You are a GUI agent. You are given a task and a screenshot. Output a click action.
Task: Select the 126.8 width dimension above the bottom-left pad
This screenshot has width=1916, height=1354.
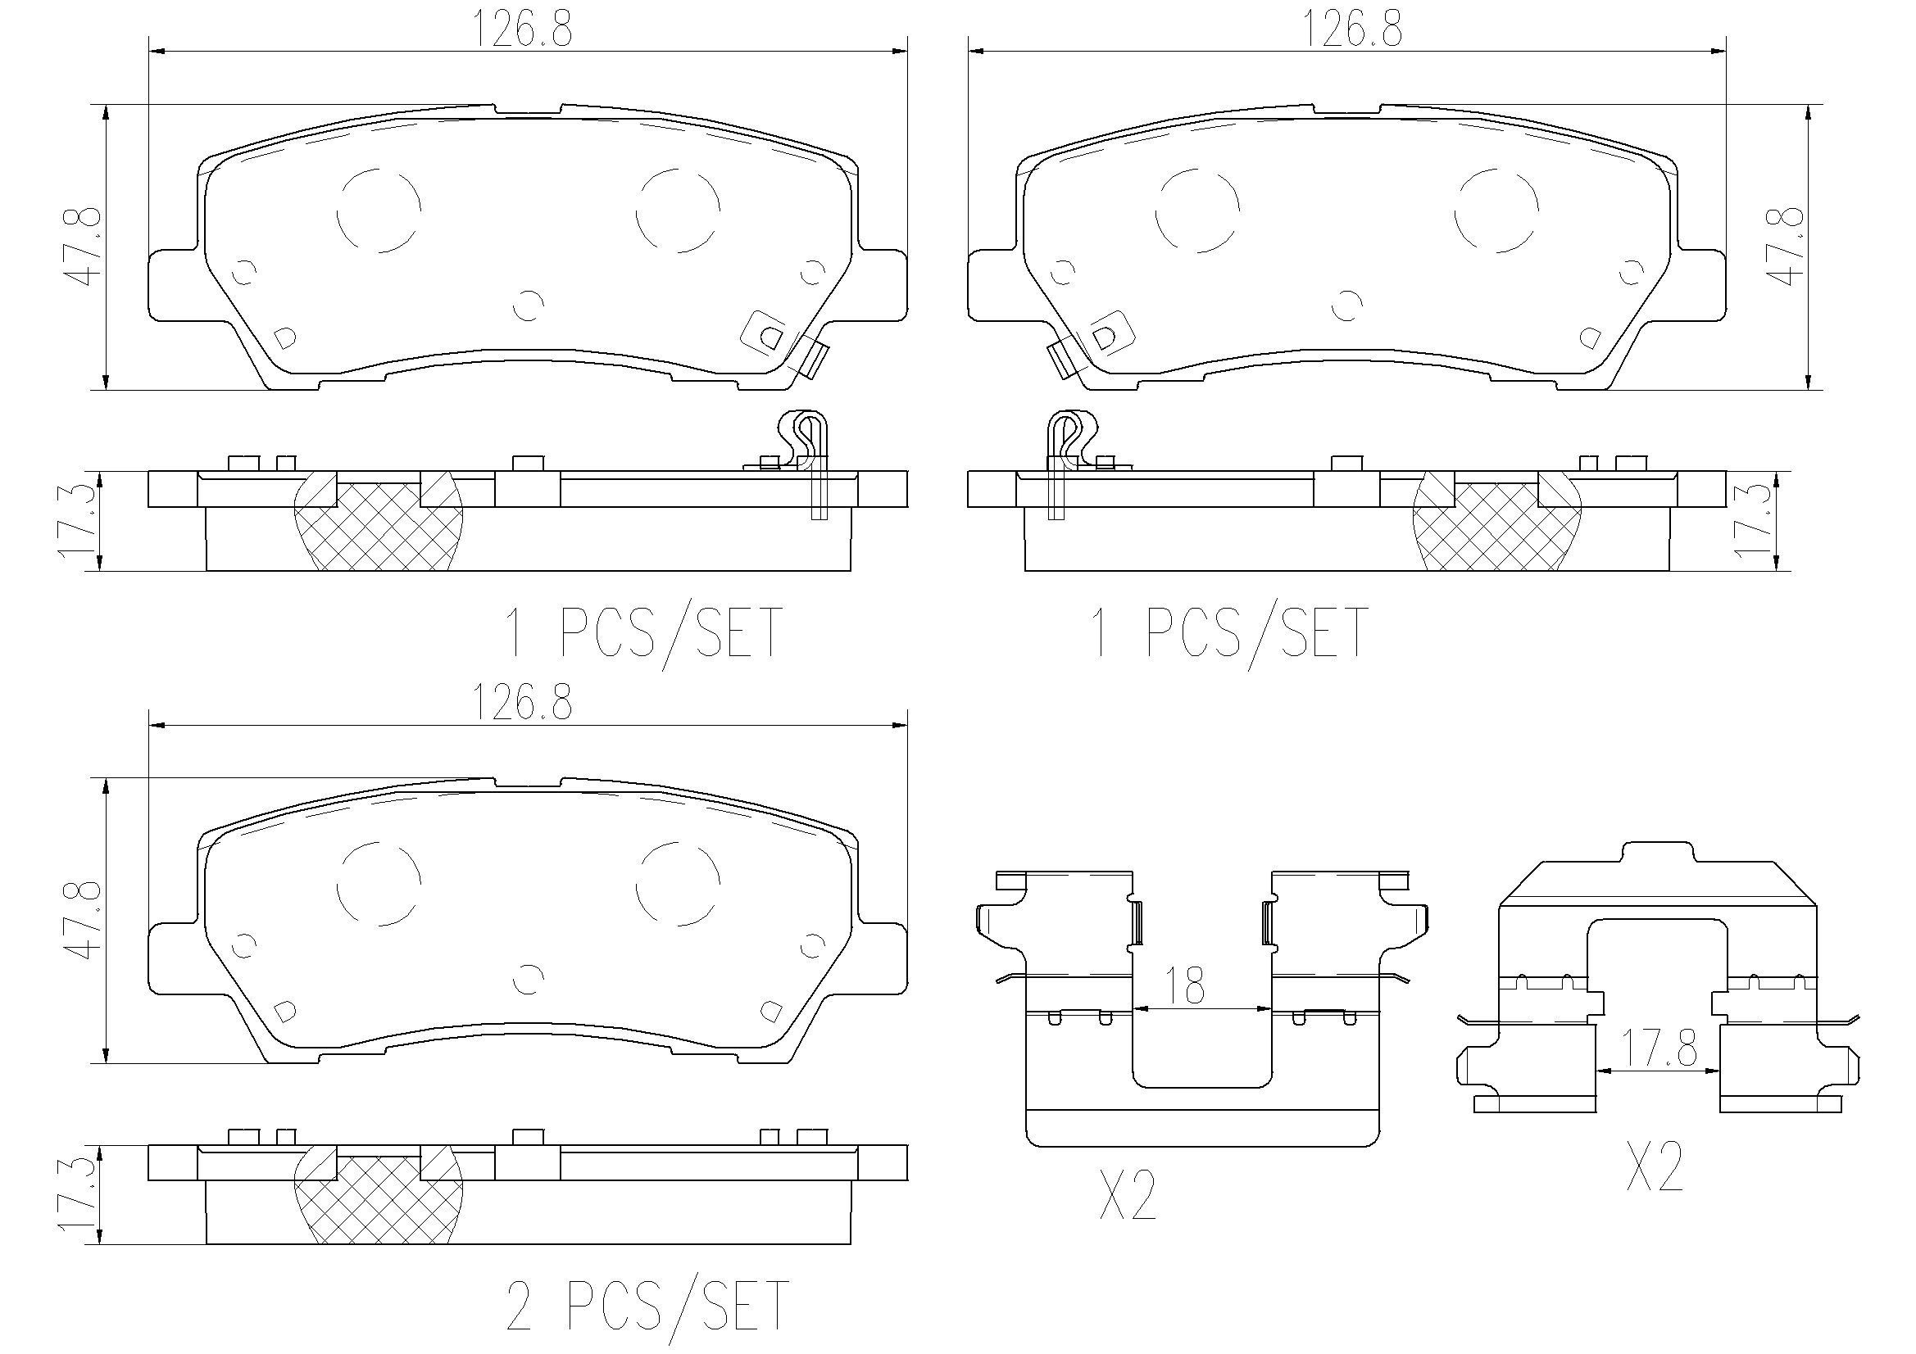(523, 704)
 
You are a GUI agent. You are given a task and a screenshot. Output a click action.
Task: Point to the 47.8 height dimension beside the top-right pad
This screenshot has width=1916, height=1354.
(1789, 247)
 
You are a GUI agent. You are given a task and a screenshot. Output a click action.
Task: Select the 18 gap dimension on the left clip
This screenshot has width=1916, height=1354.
(1185, 986)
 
